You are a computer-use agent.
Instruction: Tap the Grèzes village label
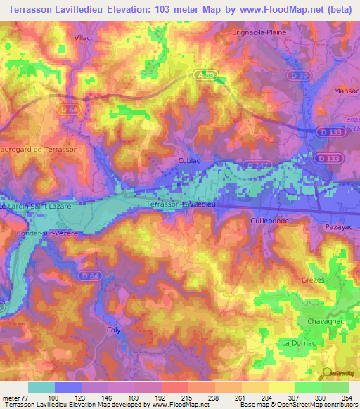pyautogui.click(x=312, y=280)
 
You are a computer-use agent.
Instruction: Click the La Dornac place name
pyautogui.click(x=297, y=342)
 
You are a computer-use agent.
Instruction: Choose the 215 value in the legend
pyautogui.click(x=188, y=397)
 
